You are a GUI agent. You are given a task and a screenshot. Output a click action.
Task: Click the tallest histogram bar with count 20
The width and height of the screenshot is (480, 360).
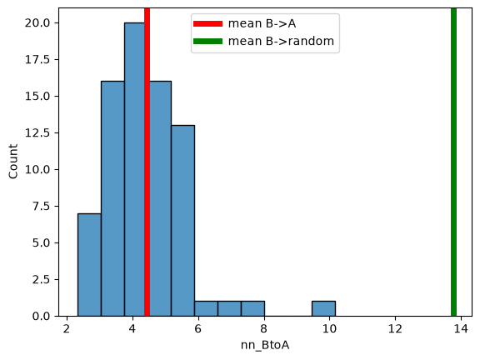click(x=134, y=169)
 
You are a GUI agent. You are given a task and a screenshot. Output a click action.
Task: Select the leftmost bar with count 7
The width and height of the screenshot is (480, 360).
click(x=89, y=265)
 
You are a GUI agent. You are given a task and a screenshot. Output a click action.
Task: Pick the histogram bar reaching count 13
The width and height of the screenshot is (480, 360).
click(x=182, y=221)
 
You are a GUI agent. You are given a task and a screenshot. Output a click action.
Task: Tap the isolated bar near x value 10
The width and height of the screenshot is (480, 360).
click(x=323, y=308)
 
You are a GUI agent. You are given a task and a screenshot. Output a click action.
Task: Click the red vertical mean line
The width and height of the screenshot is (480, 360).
click(x=147, y=162)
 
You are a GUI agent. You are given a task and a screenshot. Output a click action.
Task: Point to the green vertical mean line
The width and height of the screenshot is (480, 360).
click(x=453, y=162)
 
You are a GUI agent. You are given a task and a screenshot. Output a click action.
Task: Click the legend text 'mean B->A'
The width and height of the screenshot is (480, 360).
click(x=262, y=23)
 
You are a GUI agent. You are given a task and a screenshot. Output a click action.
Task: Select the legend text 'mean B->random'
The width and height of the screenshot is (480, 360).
click(x=281, y=41)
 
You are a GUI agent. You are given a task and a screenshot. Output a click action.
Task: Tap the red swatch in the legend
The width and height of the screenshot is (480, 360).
click(x=207, y=23)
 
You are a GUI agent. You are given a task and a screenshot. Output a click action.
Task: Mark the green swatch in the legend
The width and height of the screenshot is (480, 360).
click(x=207, y=41)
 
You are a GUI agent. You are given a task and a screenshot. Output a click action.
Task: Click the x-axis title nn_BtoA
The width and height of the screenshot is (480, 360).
click(x=265, y=345)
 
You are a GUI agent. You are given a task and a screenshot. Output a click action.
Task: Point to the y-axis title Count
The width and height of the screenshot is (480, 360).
click(x=13, y=162)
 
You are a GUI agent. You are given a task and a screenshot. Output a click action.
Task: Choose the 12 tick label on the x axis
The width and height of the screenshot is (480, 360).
click(x=395, y=329)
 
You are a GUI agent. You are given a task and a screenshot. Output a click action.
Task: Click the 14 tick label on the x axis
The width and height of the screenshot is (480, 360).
click(x=461, y=329)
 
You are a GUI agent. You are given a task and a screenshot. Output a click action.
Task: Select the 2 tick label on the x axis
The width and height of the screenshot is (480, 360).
click(x=67, y=329)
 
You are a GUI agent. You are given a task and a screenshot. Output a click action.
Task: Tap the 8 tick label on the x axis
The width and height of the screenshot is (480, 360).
click(x=263, y=329)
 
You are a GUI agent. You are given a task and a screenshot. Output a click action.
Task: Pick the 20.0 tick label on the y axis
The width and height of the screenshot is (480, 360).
click(x=37, y=23)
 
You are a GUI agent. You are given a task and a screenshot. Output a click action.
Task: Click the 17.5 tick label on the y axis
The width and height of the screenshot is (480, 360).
click(x=37, y=59)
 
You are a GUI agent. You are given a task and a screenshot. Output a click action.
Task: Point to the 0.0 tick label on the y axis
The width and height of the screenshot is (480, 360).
click(x=41, y=316)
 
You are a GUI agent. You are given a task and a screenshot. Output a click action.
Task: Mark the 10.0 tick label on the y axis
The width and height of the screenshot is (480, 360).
click(x=37, y=169)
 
